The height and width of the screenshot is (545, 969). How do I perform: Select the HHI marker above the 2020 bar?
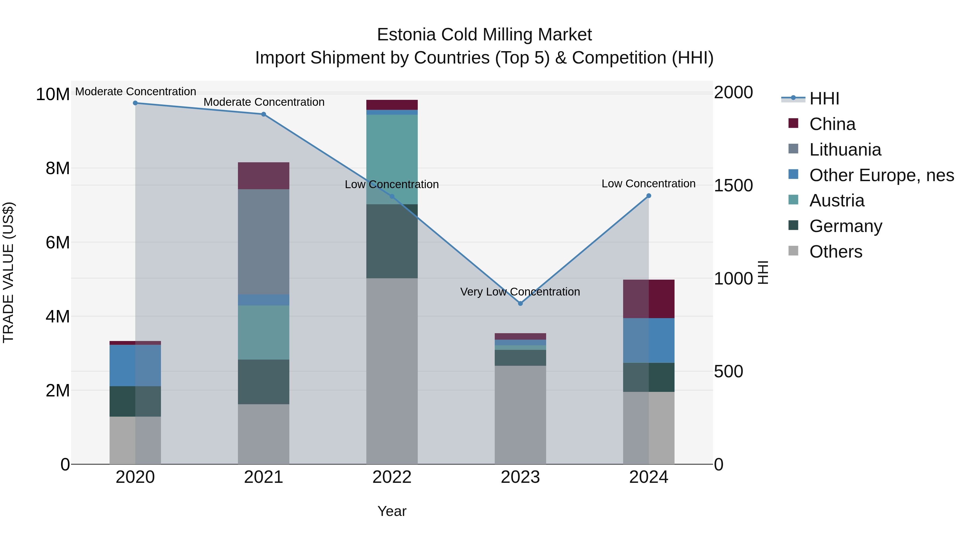135,103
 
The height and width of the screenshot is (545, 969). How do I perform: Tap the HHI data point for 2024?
648,196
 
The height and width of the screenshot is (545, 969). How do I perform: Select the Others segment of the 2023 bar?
520,414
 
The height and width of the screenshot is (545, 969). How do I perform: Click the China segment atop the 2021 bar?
263,176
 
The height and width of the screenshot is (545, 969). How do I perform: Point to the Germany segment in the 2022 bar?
392,241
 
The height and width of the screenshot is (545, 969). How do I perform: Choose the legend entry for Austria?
837,201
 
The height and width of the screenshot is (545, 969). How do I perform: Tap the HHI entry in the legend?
824,99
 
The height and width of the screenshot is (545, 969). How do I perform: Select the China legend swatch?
793,123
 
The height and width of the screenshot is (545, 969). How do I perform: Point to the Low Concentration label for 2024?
648,184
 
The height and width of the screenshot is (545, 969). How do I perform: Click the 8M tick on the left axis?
58,168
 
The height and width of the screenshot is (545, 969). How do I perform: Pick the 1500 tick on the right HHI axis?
733,186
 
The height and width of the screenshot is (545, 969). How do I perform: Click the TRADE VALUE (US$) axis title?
8,272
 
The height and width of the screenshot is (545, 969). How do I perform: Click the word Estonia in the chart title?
406,35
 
